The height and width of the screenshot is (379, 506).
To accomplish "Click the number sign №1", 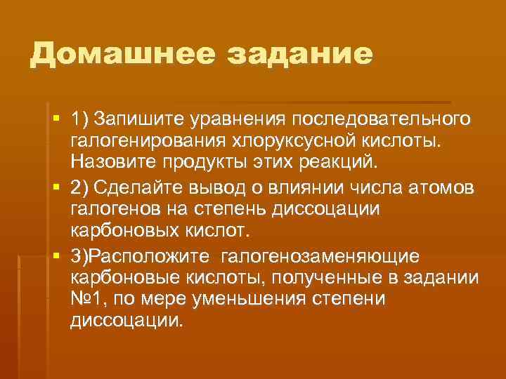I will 85,300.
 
